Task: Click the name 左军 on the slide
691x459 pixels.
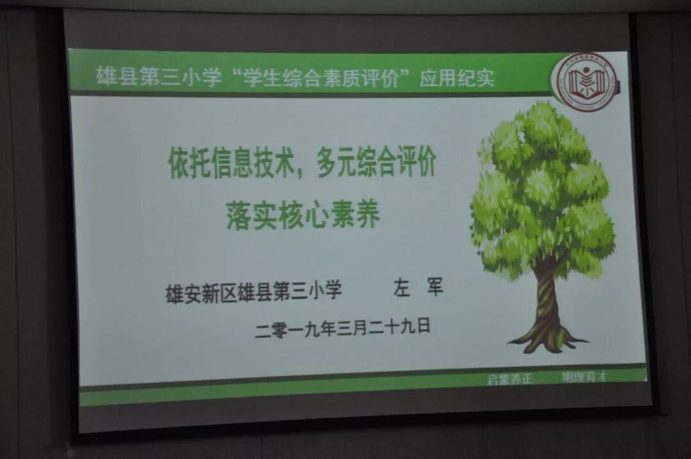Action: click(418, 289)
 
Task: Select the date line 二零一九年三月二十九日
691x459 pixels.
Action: click(343, 328)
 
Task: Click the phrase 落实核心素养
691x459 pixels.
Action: click(303, 215)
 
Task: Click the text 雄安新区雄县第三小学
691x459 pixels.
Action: click(254, 292)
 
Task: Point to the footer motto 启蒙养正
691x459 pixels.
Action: click(509, 378)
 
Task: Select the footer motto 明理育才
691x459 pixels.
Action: click(584, 376)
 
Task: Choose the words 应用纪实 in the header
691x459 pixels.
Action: click(457, 78)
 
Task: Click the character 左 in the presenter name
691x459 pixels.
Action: click(401, 289)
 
